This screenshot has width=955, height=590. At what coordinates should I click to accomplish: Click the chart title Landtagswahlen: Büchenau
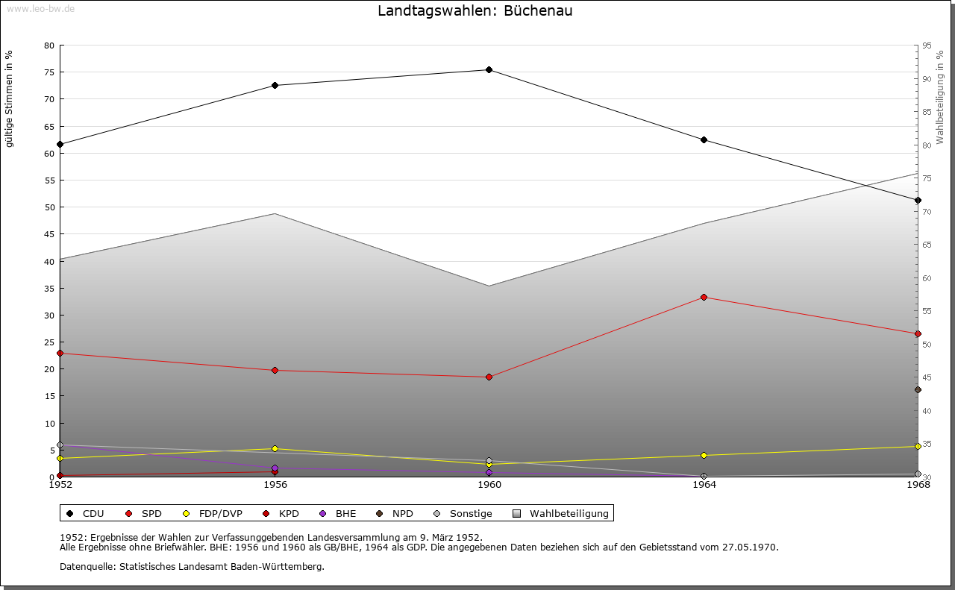tap(475, 11)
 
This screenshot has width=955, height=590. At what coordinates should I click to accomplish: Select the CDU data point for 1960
tap(489, 70)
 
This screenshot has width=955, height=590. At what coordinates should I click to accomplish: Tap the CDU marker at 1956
tap(275, 86)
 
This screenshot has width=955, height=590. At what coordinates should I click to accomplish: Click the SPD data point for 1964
tap(704, 298)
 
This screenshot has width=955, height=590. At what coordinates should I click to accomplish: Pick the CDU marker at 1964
tap(704, 140)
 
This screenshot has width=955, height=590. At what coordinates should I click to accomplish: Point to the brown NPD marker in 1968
tap(918, 390)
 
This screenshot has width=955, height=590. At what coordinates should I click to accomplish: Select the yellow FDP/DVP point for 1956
tap(275, 449)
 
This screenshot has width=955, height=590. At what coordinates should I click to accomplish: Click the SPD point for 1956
tap(275, 371)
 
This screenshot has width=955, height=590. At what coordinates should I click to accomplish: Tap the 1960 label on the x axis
tap(489, 485)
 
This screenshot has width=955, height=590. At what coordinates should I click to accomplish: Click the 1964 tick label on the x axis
tap(704, 485)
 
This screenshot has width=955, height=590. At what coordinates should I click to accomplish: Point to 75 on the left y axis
tap(48, 72)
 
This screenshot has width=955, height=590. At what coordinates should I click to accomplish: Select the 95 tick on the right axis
tap(927, 45)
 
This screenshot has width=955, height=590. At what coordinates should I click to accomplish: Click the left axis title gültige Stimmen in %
tap(10, 98)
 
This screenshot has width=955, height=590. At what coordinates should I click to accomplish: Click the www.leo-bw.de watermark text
tap(40, 9)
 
